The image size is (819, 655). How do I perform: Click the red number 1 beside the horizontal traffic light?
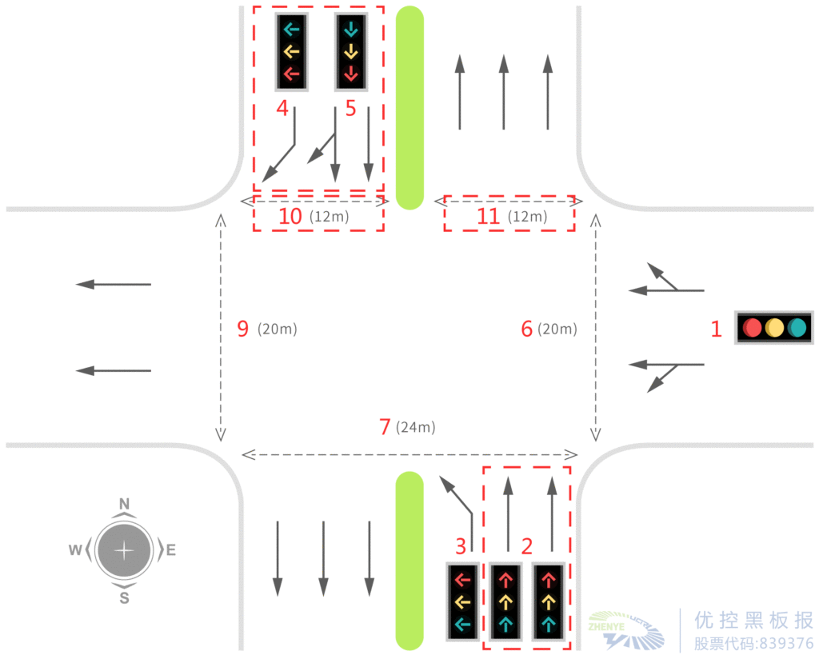pyautogui.click(x=716, y=329)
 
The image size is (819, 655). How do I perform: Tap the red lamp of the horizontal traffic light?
pyautogui.click(x=752, y=328)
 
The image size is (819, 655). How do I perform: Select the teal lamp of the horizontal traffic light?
pyautogui.click(x=797, y=328)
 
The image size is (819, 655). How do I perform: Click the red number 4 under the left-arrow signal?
pyautogui.click(x=282, y=108)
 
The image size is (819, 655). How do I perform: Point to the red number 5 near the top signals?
pyautogui.click(x=350, y=109)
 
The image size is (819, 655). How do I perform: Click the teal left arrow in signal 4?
pyautogui.click(x=291, y=30)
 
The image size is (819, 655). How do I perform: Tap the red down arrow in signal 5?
pyautogui.click(x=351, y=74)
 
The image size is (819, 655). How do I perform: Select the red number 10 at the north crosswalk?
pyautogui.click(x=290, y=216)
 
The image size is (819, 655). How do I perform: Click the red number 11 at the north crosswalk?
pyautogui.click(x=489, y=216)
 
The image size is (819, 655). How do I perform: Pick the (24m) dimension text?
pyautogui.click(x=416, y=427)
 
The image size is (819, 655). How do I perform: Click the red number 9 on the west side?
pyautogui.click(x=243, y=329)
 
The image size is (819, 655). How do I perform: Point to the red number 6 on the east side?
pyautogui.click(x=526, y=329)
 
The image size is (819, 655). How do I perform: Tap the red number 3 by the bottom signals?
pyautogui.click(x=460, y=547)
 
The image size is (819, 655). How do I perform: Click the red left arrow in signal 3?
pyautogui.click(x=463, y=580)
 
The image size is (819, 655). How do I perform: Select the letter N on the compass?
pyautogui.click(x=124, y=504)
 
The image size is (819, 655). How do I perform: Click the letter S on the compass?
pyautogui.click(x=124, y=598)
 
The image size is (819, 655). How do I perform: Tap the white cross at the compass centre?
pyautogui.click(x=124, y=550)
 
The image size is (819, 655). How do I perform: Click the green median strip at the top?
pyautogui.click(x=409, y=108)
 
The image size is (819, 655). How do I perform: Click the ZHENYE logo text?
pyautogui.click(x=606, y=626)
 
